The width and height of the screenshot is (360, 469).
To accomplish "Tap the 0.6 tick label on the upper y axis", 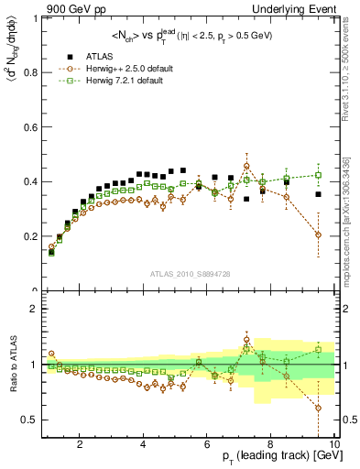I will (31, 127).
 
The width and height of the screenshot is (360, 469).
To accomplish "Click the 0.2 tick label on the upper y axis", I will (31, 236).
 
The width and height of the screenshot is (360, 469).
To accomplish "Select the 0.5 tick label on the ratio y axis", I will (31, 420).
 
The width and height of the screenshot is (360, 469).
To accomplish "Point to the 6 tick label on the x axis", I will (207, 445).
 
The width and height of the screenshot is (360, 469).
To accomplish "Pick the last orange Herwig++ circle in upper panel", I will (318, 234).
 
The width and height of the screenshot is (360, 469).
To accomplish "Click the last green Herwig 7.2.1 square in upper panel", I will (318, 175).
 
